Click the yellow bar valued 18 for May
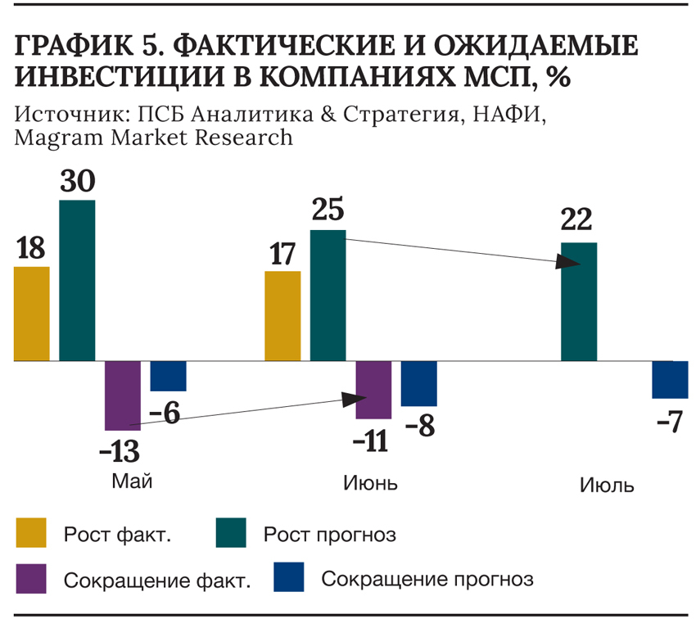click(32, 314)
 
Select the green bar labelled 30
click(77, 281)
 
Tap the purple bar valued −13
click(123, 395)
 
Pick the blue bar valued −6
click(168, 376)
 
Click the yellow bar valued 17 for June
click(282, 316)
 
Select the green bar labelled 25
click(328, 296)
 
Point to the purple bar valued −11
click(373, 390)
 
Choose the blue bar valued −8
click(418, 383)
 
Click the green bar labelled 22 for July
click(579, 301)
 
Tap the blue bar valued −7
click(669, 379)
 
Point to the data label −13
click(119, 450)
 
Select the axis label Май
click(132, 481)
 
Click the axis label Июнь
click(369, 482)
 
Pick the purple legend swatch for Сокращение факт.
click(32, 577)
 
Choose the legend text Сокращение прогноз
click(427, 579)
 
